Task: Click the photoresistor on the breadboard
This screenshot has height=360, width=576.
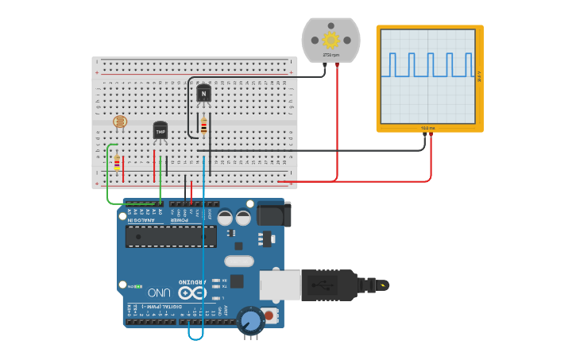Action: pos(120,122)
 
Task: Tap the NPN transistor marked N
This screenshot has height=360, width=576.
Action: pos(203,93)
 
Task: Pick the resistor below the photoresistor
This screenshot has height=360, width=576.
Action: pos(117,162)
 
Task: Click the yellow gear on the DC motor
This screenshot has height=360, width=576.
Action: pos(331,39)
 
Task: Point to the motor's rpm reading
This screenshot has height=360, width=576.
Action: pos(331,55)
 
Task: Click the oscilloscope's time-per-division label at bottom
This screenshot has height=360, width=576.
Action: pos(428,127)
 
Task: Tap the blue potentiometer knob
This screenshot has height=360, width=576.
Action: pos(250,321)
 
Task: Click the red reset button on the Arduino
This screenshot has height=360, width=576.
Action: pos(270,316)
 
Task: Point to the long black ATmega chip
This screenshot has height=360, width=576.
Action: pos(171,236)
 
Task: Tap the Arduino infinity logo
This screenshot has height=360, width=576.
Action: pos(193,292)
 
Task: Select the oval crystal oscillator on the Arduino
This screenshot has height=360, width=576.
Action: pos(238,261)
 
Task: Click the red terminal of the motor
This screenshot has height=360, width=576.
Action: pos(338,66)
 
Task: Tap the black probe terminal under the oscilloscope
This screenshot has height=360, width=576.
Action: pos(424,135)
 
